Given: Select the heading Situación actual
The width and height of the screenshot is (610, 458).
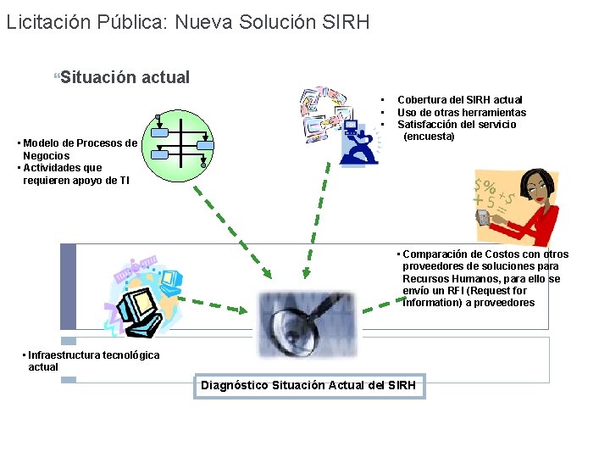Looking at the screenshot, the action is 125,77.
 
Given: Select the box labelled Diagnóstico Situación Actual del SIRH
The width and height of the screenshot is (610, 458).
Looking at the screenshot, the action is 308,386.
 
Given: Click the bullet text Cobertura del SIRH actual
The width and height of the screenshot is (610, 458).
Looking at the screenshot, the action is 459,100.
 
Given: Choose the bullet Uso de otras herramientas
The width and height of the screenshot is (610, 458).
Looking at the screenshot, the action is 462,112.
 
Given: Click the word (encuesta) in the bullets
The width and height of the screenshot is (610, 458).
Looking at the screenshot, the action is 429,137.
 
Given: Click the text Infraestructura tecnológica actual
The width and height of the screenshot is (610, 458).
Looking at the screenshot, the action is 91,360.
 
